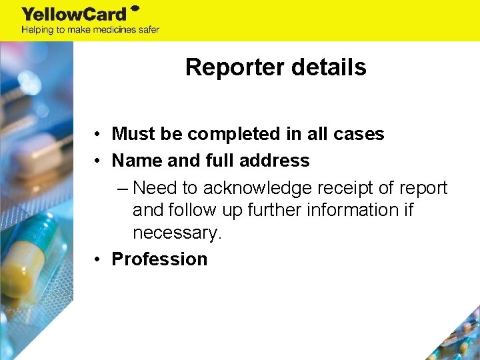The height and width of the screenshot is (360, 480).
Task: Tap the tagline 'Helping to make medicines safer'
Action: (90, 29)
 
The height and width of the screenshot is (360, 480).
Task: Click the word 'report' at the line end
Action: (424, 187)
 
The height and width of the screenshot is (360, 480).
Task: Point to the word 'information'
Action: (348, 210)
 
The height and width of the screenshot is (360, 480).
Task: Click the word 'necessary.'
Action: (177, 233)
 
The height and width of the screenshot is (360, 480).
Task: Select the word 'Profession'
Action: (159, 259)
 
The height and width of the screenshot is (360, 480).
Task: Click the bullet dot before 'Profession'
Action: (97, 259)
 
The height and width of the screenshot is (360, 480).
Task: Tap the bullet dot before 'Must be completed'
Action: (97, 134)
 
